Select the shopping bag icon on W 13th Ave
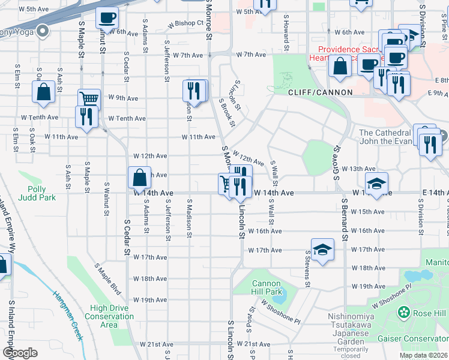[139, 178]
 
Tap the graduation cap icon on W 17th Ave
[322, 250]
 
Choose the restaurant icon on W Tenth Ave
[86, 115]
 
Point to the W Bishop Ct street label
[186, 24]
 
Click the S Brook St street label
[226, 112]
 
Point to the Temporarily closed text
[351, 352]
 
